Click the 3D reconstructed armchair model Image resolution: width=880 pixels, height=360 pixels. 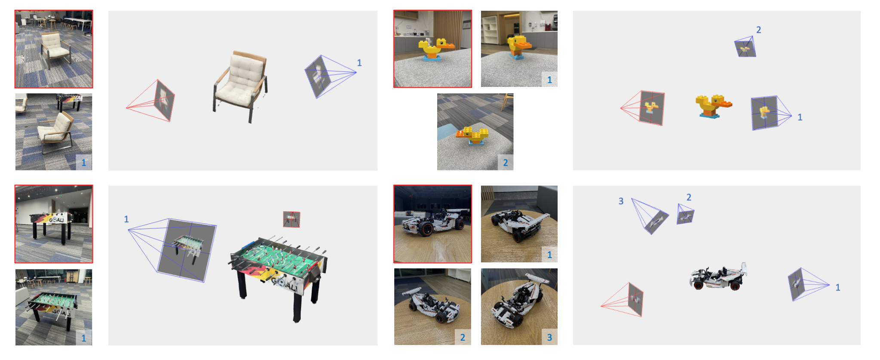pos(241,86)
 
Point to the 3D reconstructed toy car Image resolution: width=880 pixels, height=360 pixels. pos(718,277)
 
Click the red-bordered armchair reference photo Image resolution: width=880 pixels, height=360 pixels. pos(54,49)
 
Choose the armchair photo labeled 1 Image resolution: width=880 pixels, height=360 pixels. pos(54,132)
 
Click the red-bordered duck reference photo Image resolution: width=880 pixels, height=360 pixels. pos(432,49)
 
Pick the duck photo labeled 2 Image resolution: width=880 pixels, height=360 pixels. pos(475,132)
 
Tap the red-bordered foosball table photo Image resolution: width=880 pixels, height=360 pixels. pos(54,224)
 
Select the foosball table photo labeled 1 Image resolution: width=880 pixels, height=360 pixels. pos(54,307)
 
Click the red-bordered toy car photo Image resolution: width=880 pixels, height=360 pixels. pos(432,224)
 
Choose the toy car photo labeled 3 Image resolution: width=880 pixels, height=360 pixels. pos(519,307)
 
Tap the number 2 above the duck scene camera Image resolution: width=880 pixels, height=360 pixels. pos(759,30)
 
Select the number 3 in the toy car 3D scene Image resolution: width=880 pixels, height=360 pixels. pos(621,201)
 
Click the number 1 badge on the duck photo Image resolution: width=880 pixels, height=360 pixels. pos(549,80)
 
